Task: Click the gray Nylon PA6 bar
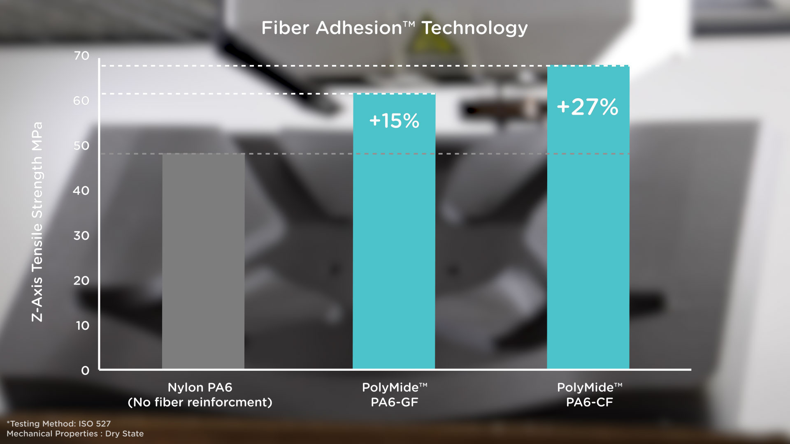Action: pyautogui.click(x=203, y=261)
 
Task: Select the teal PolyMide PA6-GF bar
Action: pyautogui.click(x=394, y=247)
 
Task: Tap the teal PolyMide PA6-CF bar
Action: pyautogui.click(x=588, y=238)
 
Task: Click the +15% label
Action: pyautogui.click(x=394, y=121)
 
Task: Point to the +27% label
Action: pyautogui.click(x=588, y=107)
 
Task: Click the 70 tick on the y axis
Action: pyautogui.click(x=81, y=56)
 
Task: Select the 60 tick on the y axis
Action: pyautogui.click(x=81, y=101)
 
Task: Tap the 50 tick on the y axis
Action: pyautogui.click(x=81, y=146)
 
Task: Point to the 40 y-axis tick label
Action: pyautogui.click(x=81, y=191)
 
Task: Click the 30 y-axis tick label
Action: pyautogui.click(x=81, y=236)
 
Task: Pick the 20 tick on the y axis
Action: pyautogui.click(x=81, y=281)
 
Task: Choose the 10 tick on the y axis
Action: pyautogui.click(x=82, y=326)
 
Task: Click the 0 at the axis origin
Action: pyautogui.click(x=85, y=371)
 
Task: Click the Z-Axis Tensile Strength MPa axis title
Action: pyautogui.click(x=37, y=222)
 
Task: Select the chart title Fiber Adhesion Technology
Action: pyautogui.click(x=394, y=28)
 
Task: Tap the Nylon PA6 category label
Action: pyautogui.click(x=200, y=387)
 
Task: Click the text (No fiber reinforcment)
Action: pyautogui.click(x=200, y=402)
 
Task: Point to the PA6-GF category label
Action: pyautogui.click(x=394, y=402)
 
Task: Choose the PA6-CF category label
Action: pyautogui.click(x=589, y=402)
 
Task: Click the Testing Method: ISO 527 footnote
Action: pyautogui.click(x=59, y=423)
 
